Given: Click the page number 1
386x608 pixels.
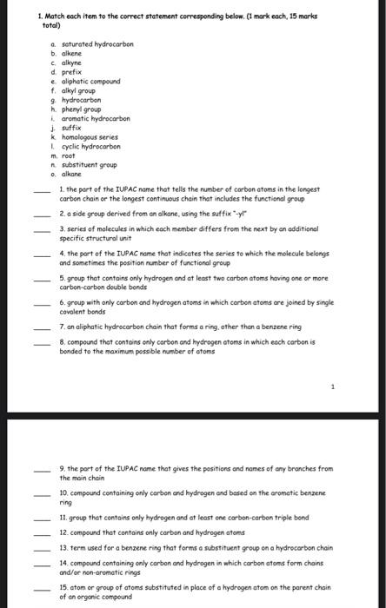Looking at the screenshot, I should point(331,386).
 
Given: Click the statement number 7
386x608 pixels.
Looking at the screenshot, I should point(62,326).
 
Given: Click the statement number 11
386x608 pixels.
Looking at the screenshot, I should point(63,518).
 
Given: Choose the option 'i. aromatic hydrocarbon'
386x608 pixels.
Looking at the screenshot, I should point(92,118).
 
